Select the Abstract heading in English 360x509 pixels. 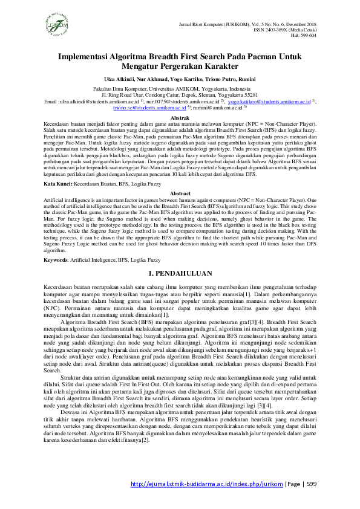pos(180,176)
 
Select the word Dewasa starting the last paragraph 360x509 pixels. pos(72,429)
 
